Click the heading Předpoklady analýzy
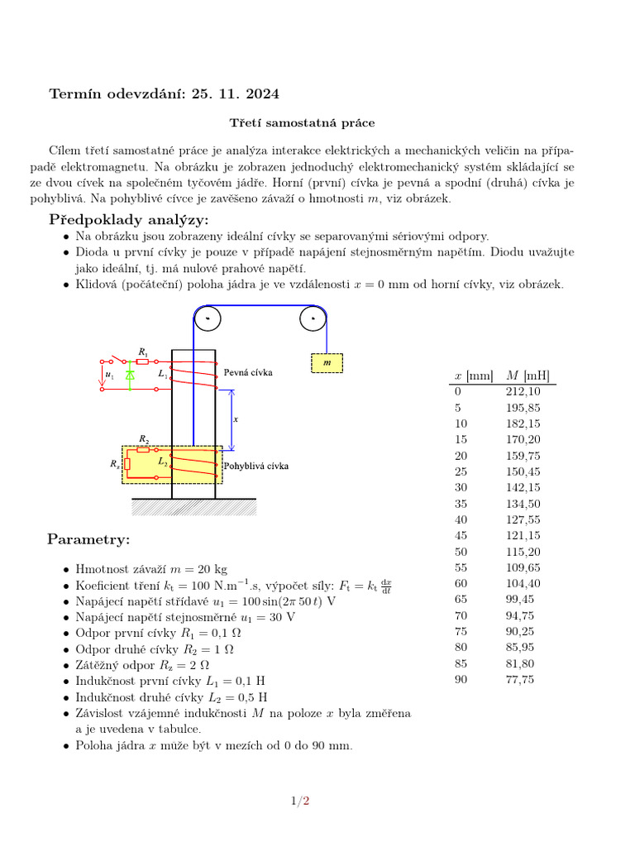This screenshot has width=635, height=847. click(x=129, y=219)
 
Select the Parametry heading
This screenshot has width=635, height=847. click(x=88, y=540)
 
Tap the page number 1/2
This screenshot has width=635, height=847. click(x=299, y=800)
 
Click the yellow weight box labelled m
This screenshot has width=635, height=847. click(x=327, y=363)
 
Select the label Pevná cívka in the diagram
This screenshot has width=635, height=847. click(x=248, y=372)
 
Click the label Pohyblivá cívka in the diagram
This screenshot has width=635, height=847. click(x=256, y=466)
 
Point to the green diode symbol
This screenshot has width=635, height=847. click(x=130, y=375)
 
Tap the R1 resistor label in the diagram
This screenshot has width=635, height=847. click(x=143, y=352)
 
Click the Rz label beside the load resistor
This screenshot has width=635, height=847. click(x=114, y=464)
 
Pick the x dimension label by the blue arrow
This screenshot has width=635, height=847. click(x=236, y=419)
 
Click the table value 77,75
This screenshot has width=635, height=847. click(x=519, y=679)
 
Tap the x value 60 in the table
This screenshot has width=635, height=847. click(x=461, y=584)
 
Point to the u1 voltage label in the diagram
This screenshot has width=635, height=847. click(x=109, y=375)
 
